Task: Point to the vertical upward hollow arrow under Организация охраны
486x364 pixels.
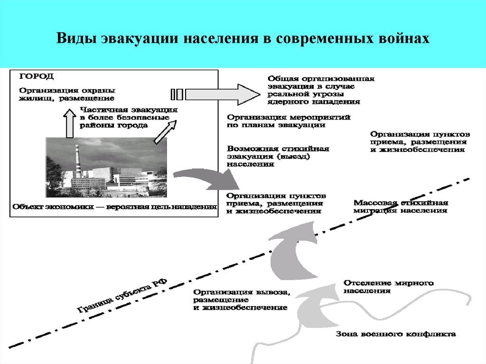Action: pyautogui.click(x=69, y=124)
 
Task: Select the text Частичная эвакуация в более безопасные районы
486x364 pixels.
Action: pyautogui.click(x=128, y=117)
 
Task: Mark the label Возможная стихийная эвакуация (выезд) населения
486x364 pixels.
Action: pyautogui.click(x=278, y=156)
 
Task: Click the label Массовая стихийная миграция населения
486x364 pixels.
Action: pyautogui.click(x=401, y=206)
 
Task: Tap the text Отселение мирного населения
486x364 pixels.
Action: pyautogui.click(x=388, y=287)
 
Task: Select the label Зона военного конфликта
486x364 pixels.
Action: pyautogui.click(x=396, y=334)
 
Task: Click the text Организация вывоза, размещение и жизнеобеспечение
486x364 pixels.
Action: pyautogui.click(x=241, y=300)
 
